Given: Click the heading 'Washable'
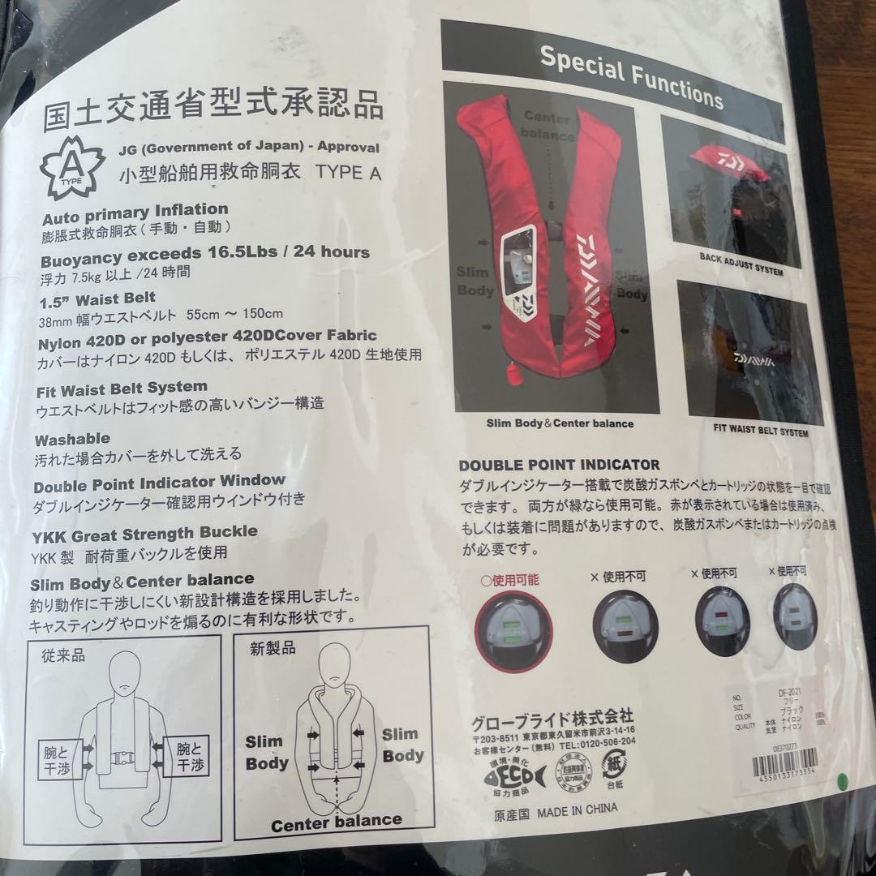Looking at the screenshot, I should click(72, 440).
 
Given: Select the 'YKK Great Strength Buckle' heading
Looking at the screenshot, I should click(145, 533).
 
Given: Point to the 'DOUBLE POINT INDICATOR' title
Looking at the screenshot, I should click(559, 466).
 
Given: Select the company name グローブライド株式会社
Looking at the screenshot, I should click(552, 720).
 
